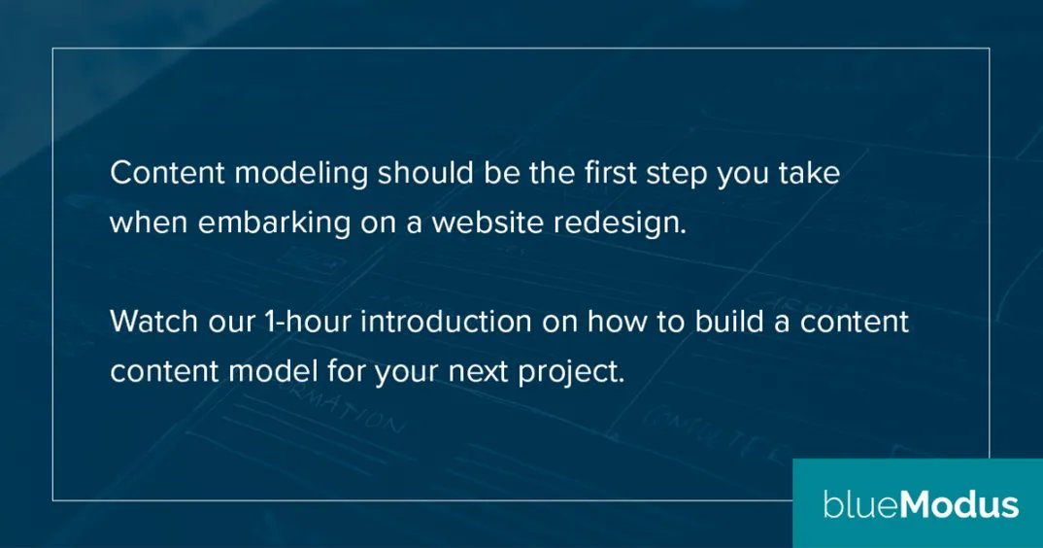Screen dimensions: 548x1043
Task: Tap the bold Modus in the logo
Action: pyautogui.click(x=959, y=505)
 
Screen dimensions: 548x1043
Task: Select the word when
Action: pyautogui.click(x=149, y=223)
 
